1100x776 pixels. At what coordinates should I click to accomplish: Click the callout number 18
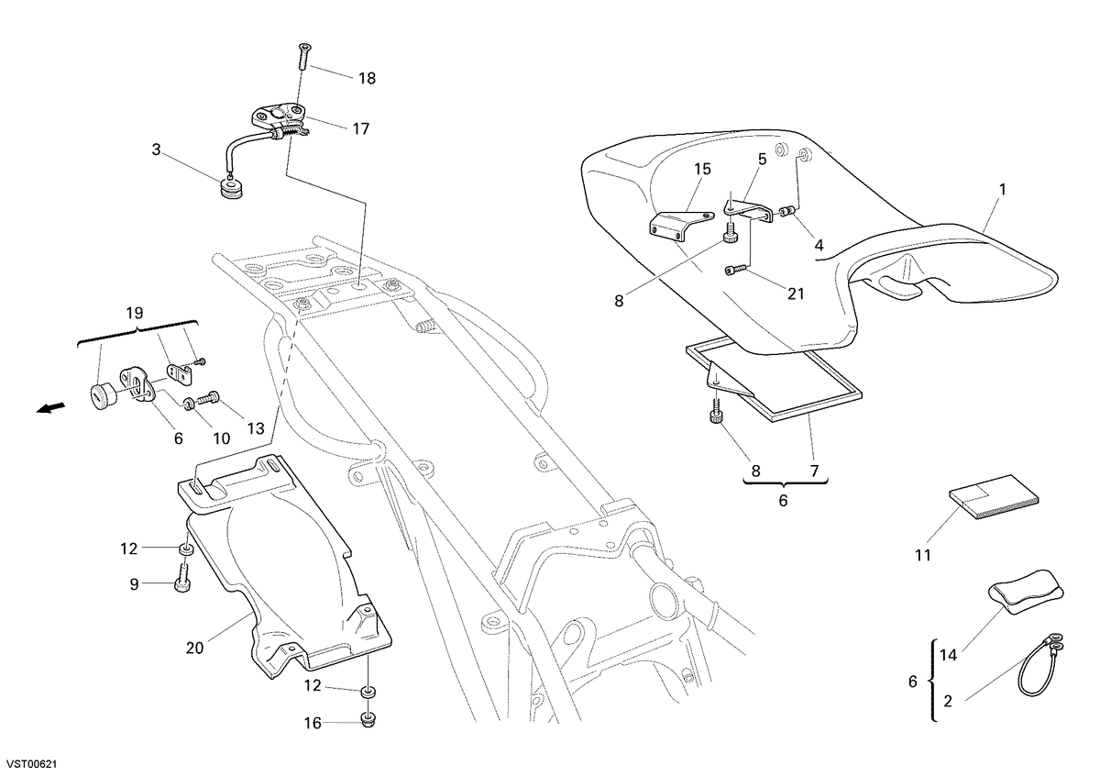click(x=368, y=79)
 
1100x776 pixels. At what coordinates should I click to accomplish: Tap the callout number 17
click(x=361, y=128)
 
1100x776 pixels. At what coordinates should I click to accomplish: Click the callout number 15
click(x=703, y=169)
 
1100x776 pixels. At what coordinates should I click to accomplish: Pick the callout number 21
click(x=796, y=294)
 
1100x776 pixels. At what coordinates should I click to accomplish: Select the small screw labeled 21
click(x=735, y=269)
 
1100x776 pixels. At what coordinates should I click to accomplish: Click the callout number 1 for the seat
click(x=1002, y=189)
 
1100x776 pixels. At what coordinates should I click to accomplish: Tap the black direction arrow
click(x=50, y=409)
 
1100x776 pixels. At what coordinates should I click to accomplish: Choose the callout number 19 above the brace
click(x=134, y=313)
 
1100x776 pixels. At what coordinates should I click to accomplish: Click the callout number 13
click(x=256, y=428)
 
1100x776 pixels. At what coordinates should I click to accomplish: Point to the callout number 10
click(x=222, y=438)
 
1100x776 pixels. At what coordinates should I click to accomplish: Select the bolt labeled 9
click(x=182, y=579)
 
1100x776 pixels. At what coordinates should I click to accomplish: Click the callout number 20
click(x=194, y=649)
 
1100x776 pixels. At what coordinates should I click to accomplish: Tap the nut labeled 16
click(x=368, y=720)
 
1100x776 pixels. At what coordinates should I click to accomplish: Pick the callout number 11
click(x=923, y=555)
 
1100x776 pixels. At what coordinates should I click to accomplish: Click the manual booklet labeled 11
click(x=994, y=497)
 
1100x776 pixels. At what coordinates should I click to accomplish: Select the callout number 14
click(x=948, y=655)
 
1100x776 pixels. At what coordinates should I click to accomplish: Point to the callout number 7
click(x=814, y=471)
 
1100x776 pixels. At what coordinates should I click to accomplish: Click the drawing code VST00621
click(x=29, y=765)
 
